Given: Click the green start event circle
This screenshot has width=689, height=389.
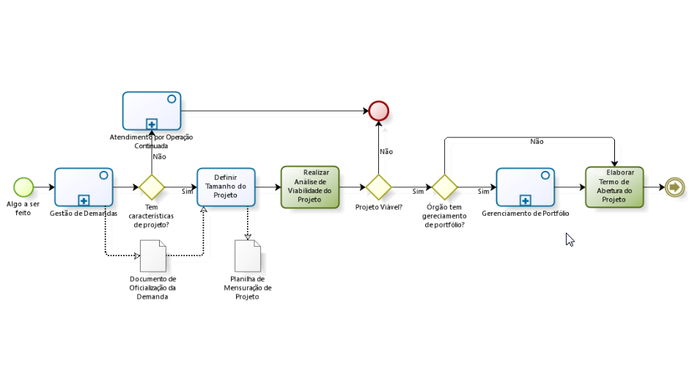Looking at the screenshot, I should click(x=23, y=187).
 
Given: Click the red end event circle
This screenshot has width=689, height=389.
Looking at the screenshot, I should click(x=379, y=111).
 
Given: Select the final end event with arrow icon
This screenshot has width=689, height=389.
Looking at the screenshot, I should click(x=674, y=187).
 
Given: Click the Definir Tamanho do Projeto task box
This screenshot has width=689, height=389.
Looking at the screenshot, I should click(x=226, y=187).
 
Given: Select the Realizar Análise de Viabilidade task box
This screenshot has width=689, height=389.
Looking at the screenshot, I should click(x=310, y=187).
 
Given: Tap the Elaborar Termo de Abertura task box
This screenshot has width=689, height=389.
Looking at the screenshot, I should click(x=614, y=187).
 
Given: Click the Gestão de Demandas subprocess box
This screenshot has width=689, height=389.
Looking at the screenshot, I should click(x=84, y=187).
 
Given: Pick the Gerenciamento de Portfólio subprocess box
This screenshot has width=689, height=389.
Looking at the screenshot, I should click(x=525, y=187).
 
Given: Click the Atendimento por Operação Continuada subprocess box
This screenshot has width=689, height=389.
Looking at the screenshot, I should click(x=152, y=111).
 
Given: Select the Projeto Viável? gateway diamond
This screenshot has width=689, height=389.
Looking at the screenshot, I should click(x=379, y=187).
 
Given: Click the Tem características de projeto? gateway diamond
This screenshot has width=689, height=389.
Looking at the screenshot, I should click(x=152, y=187).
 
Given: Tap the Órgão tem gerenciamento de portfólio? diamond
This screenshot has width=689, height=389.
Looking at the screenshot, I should click(x=444, y=187).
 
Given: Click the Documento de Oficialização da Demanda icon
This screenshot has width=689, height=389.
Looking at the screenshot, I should click(x=152, y=256).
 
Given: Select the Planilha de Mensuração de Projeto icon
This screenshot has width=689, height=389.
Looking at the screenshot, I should click(x=248, y=256).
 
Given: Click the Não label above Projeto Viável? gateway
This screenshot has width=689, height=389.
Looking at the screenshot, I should click(x=386, y=152).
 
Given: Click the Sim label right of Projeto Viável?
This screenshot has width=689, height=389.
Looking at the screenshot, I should click(x=418, y=192).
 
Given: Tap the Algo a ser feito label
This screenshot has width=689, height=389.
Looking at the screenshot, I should click(x=23, y=208).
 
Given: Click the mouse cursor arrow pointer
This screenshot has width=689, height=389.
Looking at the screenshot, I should click(x=570, y=239).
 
